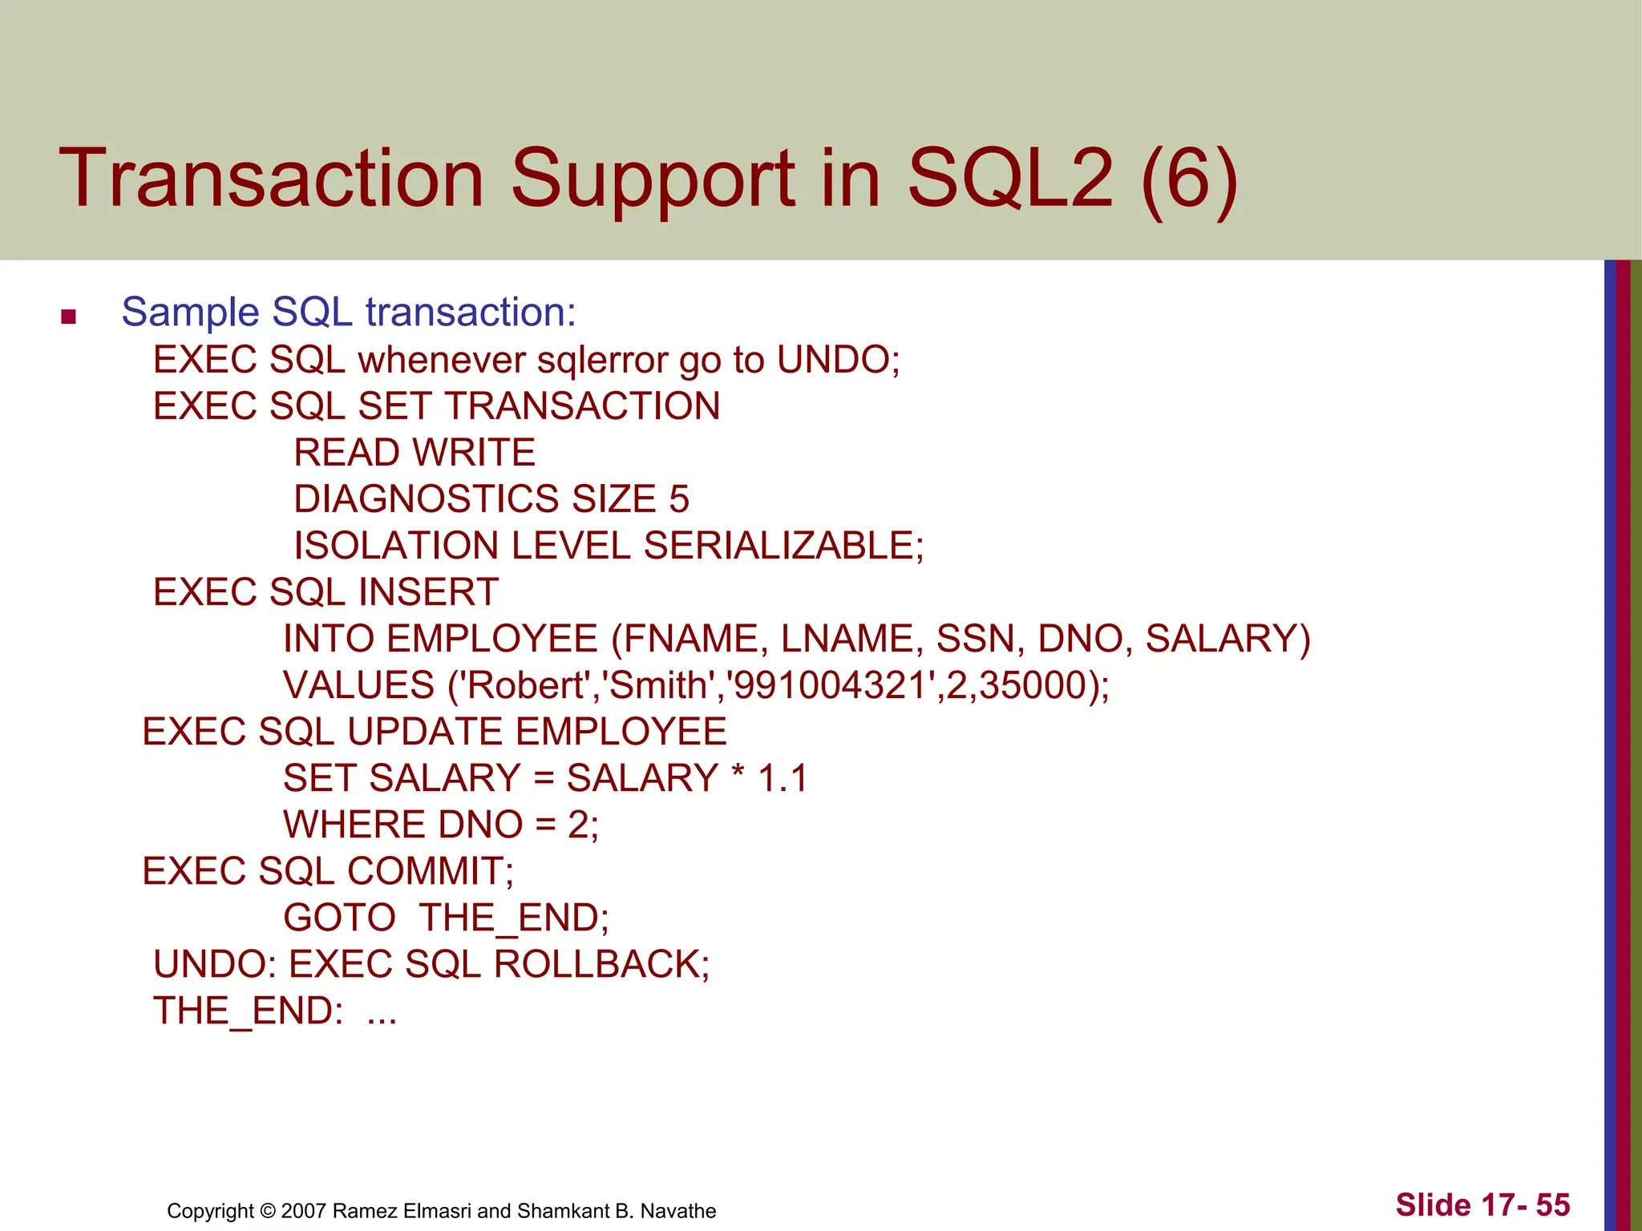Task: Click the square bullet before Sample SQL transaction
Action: (x=68, y=317)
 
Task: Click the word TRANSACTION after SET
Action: (x=583, y=406)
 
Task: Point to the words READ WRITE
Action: (x=414, y=453)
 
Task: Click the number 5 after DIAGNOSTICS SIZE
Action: (x=679, y=499)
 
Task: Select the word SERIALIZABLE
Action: (x=783, y=546)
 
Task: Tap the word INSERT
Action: (x=428, y=592)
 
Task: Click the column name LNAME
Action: (x=851, y=639)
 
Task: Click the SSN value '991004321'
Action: (x=831, y=685)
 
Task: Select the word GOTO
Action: (x=339, y=918)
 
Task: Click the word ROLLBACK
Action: (x=601, y=964)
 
